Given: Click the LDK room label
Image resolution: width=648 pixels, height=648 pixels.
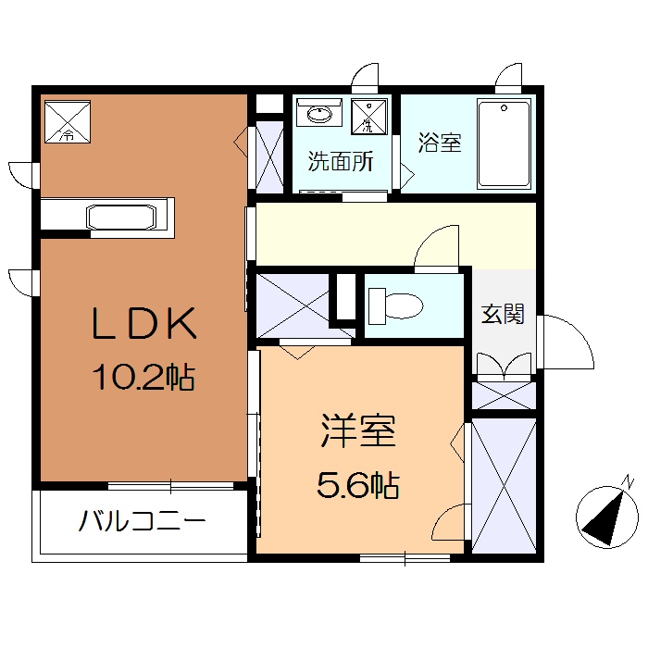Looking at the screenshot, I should click(143, 325).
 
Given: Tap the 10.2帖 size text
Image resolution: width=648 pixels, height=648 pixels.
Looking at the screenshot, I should click(143, 376).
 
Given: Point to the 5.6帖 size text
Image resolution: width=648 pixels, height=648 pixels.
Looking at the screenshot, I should click(358, 483).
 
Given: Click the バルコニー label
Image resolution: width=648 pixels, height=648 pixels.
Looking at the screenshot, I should click(142, 522).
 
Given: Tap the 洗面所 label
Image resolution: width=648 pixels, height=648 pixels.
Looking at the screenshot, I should click(341, 162).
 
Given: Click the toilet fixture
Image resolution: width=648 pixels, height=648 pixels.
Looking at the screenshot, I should click(394, 303).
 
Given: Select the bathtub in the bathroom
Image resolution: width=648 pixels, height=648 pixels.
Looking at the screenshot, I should click(505, 144).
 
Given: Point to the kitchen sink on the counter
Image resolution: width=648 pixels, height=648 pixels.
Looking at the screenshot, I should click(123, 218).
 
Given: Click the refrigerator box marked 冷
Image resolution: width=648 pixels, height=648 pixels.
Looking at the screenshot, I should click(68, 119).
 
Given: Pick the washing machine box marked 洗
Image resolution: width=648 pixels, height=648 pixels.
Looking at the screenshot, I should click(371, 115).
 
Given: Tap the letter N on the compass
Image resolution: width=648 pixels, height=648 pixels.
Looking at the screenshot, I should click(628, 481).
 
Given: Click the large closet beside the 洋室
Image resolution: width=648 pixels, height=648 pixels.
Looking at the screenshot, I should click(504, 486).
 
